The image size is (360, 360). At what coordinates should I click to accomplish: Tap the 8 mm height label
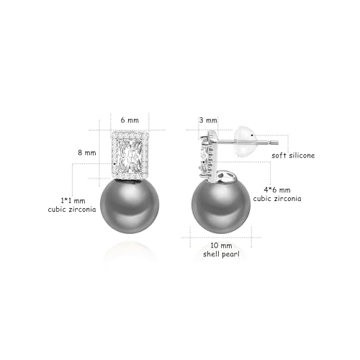[x=86, y=153]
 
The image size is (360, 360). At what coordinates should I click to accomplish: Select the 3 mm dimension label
[x=209, y=120]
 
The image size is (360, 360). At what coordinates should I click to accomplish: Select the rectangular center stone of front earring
[x=130, y=154]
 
